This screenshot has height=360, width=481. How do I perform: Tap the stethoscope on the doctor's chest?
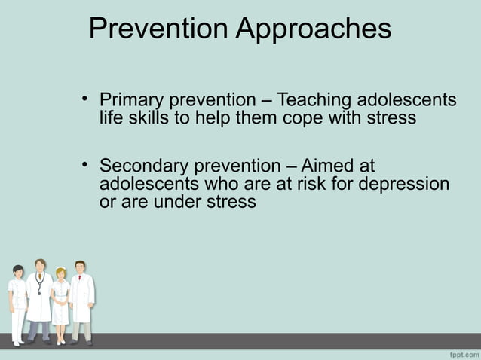click(39, 285)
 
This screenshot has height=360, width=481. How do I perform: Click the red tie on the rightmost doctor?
click(79, 281)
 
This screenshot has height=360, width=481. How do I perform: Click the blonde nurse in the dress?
click(60, 297)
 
